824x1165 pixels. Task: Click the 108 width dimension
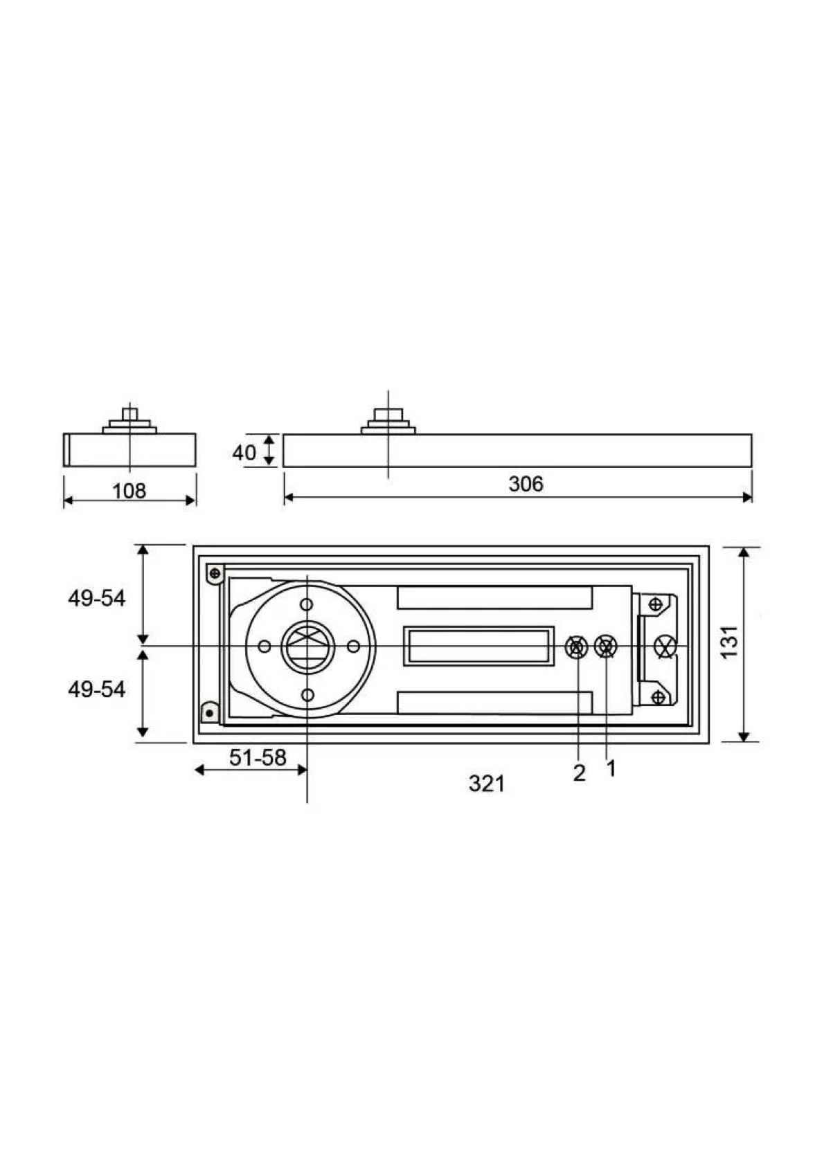[129, 491]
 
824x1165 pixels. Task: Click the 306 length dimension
[526, 484]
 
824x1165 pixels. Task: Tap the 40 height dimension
[244, 453]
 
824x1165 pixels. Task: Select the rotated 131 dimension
[730, 641]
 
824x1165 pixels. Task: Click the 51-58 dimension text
[258, 757]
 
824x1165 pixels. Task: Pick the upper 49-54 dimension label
[97, 599]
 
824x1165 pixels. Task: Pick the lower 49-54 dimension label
[97, 689]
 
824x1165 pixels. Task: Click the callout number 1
[611, 768]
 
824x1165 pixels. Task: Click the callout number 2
[579, 773]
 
